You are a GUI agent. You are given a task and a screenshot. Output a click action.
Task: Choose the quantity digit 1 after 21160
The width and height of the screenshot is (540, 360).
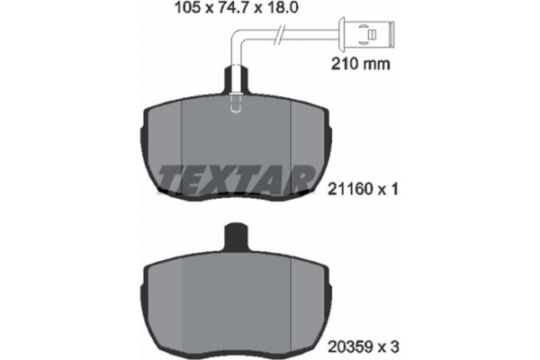click(x=392, y=190)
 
